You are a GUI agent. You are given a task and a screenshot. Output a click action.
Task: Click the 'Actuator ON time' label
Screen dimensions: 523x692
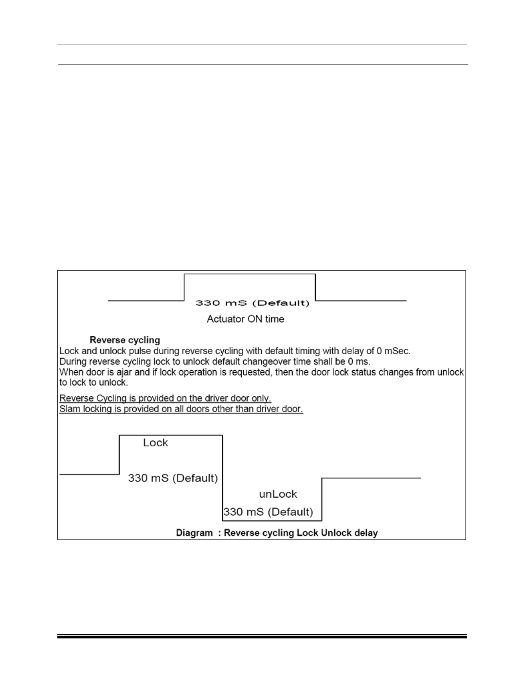tap(245, 319)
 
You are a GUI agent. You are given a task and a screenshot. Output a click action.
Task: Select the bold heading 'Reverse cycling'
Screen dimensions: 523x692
tap(125, 340)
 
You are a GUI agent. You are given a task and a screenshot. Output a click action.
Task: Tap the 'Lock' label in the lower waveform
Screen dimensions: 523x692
tap(155, 443)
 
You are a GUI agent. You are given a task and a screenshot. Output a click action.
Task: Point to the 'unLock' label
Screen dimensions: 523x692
tap(278, 494)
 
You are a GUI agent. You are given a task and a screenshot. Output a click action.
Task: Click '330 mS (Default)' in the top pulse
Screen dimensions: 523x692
tap(252, 303)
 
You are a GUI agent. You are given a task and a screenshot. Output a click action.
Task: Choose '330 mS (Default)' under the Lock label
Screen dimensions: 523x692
tap(173, 478)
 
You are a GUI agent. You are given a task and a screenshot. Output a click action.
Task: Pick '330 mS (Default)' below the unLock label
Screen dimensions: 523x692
tap(268, 512)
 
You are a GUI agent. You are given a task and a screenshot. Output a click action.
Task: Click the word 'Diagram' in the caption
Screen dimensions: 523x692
tap(195, 533)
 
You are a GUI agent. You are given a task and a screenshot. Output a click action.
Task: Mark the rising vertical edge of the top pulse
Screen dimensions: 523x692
tap(184, 287)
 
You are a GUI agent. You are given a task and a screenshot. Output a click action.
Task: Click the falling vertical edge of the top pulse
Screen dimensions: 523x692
tap(315, 287)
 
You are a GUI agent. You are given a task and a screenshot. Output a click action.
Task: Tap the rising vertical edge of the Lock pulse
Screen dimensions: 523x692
tap(119, 455)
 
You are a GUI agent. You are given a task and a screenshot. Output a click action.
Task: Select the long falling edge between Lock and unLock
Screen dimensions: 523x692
tap(222, 478)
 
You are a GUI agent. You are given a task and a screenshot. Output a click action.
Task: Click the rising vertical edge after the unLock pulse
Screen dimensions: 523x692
tap(322, 499)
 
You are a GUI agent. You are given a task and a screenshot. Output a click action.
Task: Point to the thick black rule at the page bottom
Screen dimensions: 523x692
tap(262, 637)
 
